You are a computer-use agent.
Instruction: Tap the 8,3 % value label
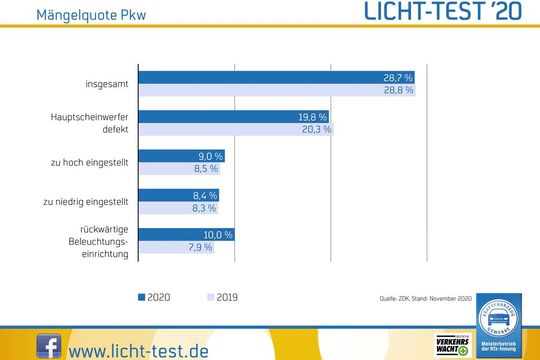click(203, 208)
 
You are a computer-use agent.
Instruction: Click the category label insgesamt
click(105, 83)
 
